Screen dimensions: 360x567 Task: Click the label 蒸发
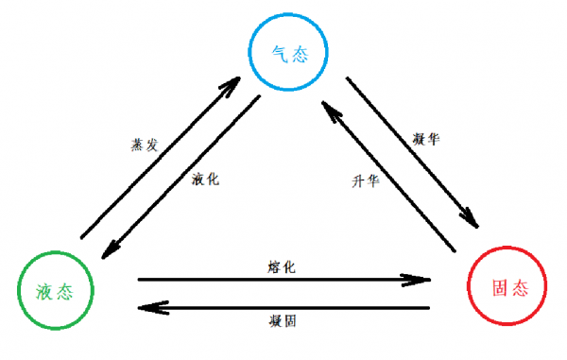click(x=143, y=146)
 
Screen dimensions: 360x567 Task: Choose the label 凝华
click(x=426, y=139)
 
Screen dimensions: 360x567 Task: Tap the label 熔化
click(x=282, y=267)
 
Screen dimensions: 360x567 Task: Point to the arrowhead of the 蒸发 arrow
click(x=230, y=89)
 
